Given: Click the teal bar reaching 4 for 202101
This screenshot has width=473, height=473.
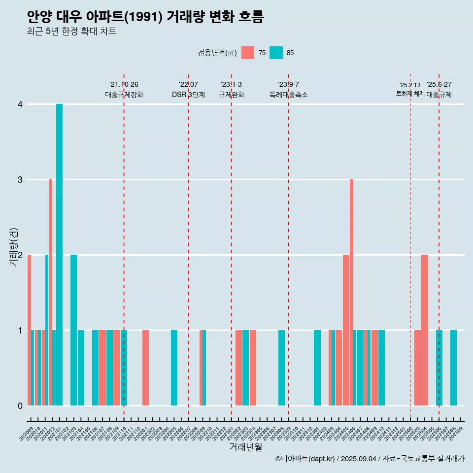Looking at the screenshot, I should pos(59,255).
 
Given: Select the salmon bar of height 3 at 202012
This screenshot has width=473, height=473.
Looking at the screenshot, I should pos(51,292).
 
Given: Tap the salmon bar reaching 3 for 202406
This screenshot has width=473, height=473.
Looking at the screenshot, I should pos(351,292).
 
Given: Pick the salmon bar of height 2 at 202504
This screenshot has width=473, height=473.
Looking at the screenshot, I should pos(425,330).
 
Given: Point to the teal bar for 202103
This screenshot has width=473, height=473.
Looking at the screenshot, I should pos(73,330).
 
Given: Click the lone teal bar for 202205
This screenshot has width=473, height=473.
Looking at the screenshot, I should pos(174,368).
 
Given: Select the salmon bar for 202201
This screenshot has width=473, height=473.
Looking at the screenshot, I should pos(145,368).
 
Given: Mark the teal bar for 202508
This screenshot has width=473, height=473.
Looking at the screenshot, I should pos(453,368).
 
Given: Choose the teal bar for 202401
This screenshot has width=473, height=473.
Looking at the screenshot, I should pos(317,368).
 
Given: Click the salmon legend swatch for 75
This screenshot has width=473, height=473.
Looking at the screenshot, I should pos(248,53).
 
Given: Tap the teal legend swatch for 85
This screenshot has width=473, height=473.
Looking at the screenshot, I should pos(276,53).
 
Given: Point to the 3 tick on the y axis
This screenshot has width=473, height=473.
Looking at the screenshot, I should pos(20,180).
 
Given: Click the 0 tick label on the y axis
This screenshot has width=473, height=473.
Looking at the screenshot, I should pos(20,405).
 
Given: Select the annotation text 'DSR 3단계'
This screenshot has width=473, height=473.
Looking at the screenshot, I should pos(188,95).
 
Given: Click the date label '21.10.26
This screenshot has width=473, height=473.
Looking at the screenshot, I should pos(124,84).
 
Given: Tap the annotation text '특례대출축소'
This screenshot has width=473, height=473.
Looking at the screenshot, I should pos(289,95).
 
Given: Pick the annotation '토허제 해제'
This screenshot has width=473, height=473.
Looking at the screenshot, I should pos(410,94).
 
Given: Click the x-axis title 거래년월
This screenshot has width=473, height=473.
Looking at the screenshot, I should pos(245,447).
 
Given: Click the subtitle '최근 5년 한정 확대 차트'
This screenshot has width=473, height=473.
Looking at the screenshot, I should pos(72,32).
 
